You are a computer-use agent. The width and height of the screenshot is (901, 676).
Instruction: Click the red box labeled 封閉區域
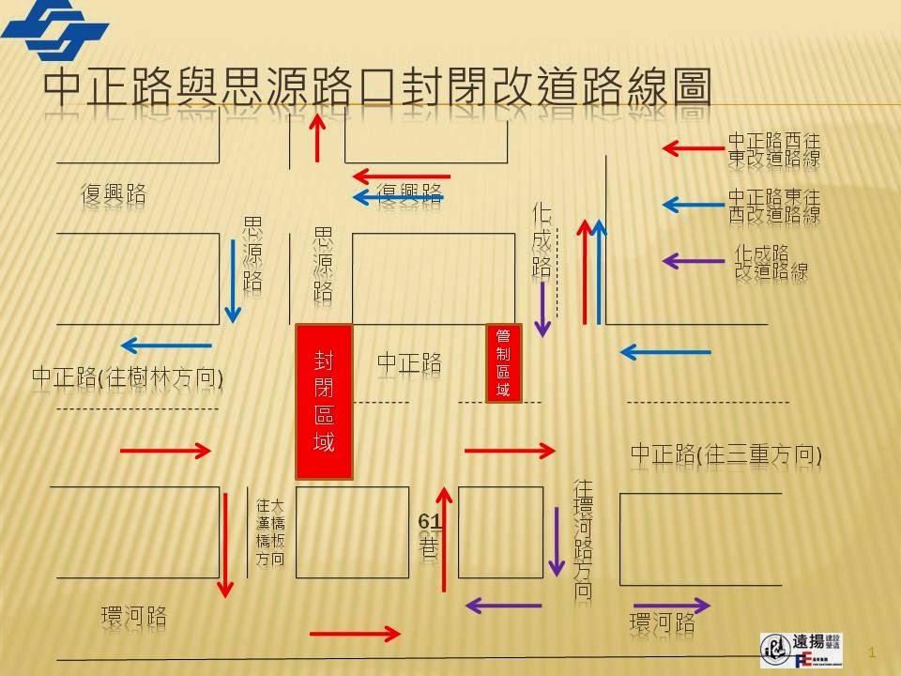click(x=325, y=401)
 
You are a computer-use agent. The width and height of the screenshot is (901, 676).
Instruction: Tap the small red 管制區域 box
click(x=503, y=362)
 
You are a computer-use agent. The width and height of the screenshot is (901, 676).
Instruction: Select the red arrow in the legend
click(x=694, y=147)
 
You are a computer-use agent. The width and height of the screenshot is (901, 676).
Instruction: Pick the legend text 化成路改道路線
click(x=771, y=262)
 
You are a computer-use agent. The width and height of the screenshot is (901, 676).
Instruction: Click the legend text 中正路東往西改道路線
click(x=774, y=206)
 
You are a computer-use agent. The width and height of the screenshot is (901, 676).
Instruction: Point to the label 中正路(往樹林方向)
click(x=128, y=377)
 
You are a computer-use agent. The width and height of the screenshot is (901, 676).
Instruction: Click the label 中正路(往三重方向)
click(x=725, y=455)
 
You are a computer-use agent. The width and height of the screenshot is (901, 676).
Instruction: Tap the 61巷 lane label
click(x=429, y=535)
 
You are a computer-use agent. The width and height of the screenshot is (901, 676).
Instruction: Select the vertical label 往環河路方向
click(x=583, y=540)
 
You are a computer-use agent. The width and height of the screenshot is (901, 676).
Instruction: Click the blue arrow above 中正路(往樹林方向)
click(x=166, y=344)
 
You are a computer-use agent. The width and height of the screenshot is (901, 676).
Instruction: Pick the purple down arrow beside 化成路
click(x=542, y=308)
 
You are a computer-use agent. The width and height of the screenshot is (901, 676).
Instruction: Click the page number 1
click(x=873, y=652)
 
